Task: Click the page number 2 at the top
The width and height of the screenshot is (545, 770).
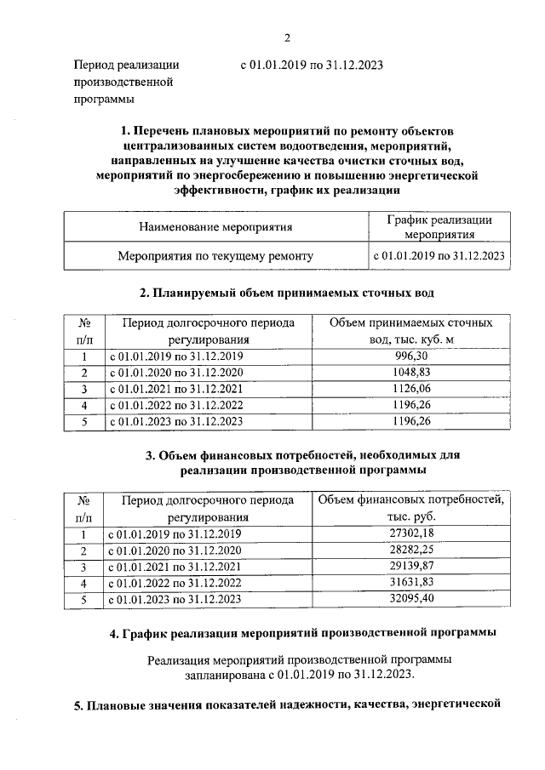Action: point(287,37)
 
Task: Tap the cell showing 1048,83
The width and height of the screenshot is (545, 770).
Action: point(404,373)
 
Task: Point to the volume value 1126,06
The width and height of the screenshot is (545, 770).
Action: point(404,389)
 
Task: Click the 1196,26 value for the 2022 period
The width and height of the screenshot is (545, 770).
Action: point(404,405)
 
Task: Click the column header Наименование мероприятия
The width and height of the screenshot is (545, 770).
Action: point(215,227)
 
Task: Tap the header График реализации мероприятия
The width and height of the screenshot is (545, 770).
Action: point(439,227)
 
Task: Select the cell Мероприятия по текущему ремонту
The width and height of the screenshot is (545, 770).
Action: point(215,255)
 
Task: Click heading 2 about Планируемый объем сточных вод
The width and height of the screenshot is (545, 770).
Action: point(287,294)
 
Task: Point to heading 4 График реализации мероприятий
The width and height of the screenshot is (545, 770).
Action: point(287,633)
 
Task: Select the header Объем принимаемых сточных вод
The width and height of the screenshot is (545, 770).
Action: point(404,332)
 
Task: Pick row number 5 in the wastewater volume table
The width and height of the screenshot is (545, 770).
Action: point(84,421)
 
